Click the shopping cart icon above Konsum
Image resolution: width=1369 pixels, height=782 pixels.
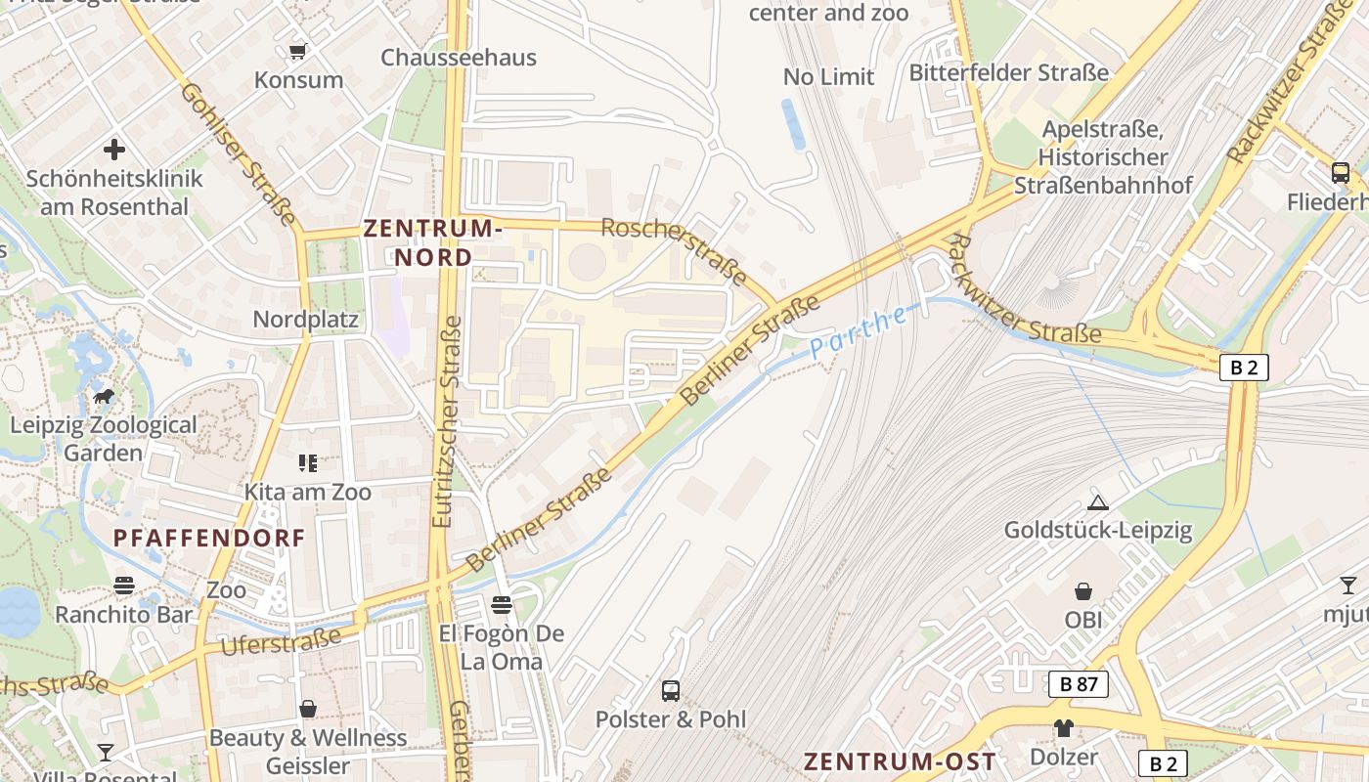click(x=298, y=50)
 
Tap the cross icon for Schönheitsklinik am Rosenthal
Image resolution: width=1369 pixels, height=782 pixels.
click(x=114, y=150)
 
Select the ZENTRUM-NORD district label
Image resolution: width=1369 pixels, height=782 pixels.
click(x=432, y=242)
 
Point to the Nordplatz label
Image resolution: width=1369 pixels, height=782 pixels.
click(x=305, y=320)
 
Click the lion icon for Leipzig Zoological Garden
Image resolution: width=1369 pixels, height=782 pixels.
click(x=103, y=397)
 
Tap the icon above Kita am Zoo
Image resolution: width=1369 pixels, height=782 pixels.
click(x=308, y=462)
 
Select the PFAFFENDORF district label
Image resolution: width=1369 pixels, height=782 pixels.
click(x=209, y=538)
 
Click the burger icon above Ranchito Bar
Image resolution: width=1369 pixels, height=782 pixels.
click(x=124, y=586)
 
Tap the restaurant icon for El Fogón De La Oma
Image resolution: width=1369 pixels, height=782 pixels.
click(x=502, y=605)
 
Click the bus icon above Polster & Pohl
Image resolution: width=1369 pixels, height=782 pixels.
click(x=671, y=691)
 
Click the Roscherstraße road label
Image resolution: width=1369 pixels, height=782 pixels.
click(x=675, y=250)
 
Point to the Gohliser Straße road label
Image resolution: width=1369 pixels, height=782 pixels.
click(x=238, y=153)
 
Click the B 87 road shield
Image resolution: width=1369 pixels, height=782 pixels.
click(x=1079, y=684)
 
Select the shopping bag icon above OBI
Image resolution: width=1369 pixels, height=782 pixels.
click(x=1083, y=591)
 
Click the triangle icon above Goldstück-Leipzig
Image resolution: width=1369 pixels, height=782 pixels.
click(x=1097, y=502)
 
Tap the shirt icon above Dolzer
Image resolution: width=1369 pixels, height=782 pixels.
click(x=1063, y=728)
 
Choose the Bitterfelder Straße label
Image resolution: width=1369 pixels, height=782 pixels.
click(x=1009, y=73)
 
